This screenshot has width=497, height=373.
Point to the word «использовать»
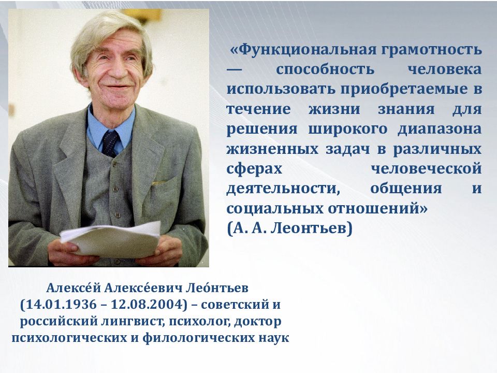tap(281, 89)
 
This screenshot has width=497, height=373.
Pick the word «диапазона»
tap(440, 130)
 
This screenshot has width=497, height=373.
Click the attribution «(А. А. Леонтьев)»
tap(290, 228)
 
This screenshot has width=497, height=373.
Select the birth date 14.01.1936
tap(61, 305)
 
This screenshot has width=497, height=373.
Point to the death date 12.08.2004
tap(147, 305)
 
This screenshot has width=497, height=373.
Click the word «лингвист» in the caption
tap(134, 322)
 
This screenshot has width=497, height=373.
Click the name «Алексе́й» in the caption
tap(73, 288)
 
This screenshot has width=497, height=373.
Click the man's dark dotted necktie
tap(110, 144)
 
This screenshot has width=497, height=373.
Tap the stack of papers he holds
tap(111, 239)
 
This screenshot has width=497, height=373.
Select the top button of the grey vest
tap(115, 164)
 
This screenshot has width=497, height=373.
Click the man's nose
tap(118, 70)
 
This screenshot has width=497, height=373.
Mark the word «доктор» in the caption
tap(258, 322)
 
